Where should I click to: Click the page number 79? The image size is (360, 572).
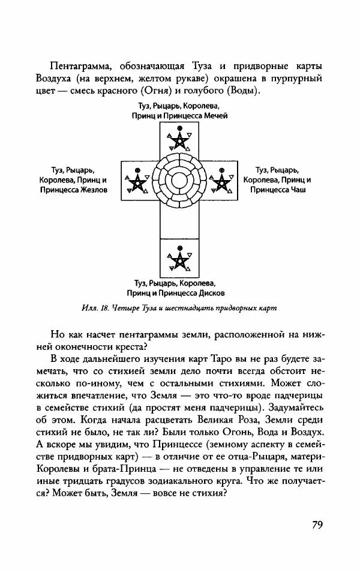point(317,523)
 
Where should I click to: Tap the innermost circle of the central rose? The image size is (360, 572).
point(179,180)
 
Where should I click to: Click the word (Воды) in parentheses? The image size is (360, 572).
point(241,91)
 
